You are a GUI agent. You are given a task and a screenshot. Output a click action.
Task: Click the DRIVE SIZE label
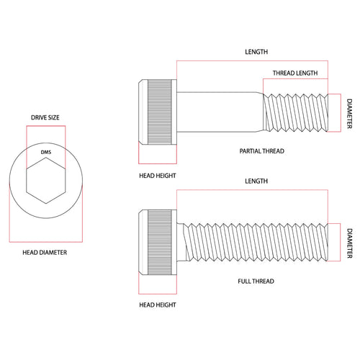click(x=45, y=117)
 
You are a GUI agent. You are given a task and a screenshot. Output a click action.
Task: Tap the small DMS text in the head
click(x=46, y=152)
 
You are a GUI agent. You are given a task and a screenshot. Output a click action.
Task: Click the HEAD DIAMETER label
click(x=45, y=253)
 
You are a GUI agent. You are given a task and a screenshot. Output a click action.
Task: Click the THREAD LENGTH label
click(x=295, y=73)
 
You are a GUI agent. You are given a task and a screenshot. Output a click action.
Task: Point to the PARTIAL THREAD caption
click(x=262, y=151)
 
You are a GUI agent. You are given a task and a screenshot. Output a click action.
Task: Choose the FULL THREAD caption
click(x=256, y=281)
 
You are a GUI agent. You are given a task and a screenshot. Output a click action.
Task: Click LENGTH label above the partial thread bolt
click(x=256, y=52)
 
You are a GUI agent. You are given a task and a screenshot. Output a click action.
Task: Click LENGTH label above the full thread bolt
click(x=256, y=181)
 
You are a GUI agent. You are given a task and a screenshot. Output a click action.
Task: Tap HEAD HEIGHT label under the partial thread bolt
click(x=158, y=176)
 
